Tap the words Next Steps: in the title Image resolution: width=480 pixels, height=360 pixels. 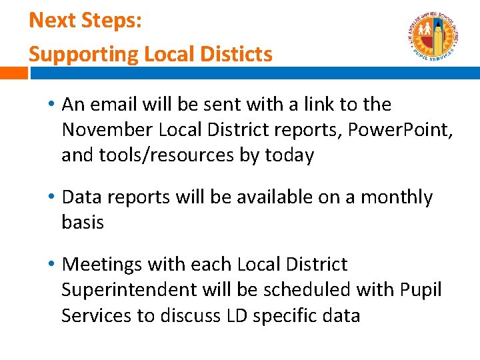tap(85, 20)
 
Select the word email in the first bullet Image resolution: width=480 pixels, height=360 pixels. tap(115, 105)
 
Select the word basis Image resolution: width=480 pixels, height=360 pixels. tap(83, 222)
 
